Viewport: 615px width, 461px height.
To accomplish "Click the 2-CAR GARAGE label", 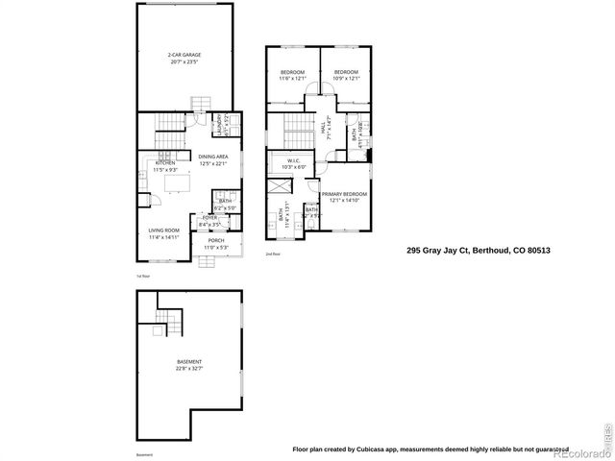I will (184, 56).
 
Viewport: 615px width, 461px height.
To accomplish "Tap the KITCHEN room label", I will (165, 163).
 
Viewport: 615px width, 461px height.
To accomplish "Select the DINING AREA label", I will (213, 157).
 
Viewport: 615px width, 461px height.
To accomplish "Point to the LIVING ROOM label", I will (164, 230).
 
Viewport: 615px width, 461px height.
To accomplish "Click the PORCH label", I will (216, 241).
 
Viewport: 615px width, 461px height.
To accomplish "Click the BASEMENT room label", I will (189, 362).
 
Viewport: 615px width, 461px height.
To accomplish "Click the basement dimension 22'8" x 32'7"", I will (189, 369).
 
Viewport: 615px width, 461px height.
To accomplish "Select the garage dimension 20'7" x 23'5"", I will (184, 62).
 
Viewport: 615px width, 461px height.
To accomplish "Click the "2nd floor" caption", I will (273, 255).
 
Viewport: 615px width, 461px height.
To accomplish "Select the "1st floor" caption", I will (144, 275).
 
